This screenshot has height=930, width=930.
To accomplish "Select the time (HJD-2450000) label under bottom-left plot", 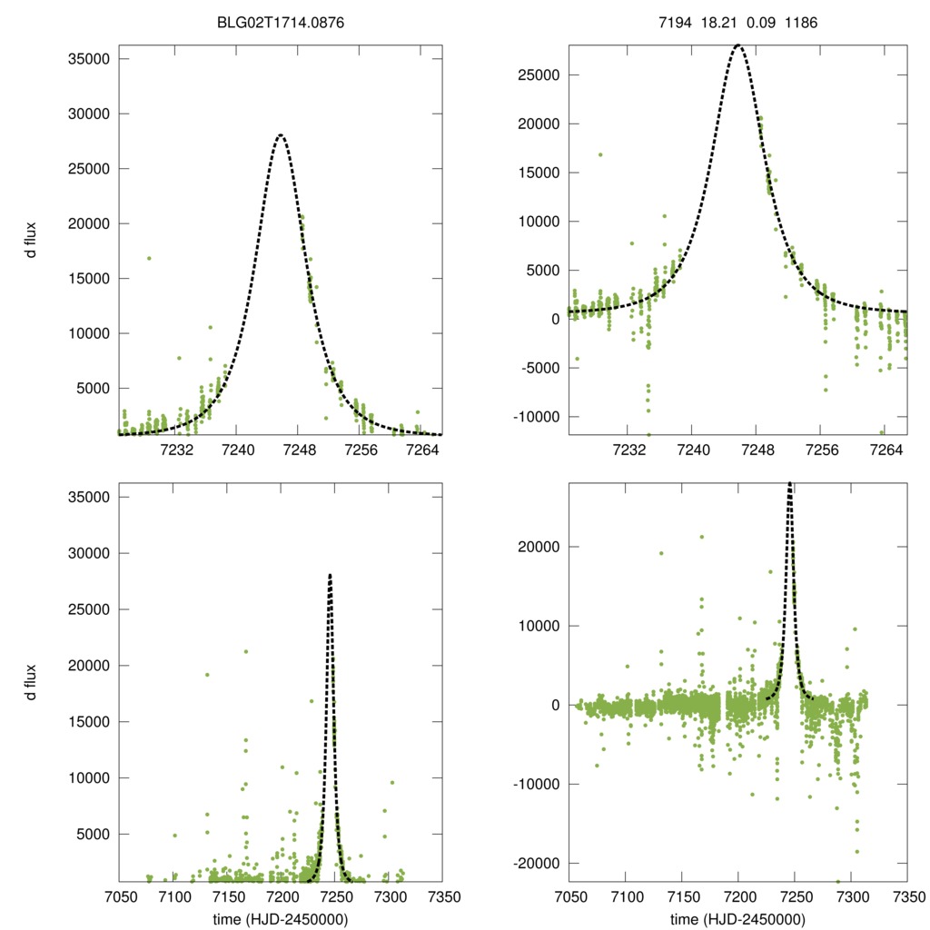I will [x=281, y=919].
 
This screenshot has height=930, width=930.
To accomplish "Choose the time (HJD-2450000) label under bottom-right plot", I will [x=737, y=919].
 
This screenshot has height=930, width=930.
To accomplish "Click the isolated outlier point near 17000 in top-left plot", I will [x=149, y=258].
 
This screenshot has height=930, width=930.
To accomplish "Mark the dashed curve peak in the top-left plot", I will [x=281, y=135].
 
